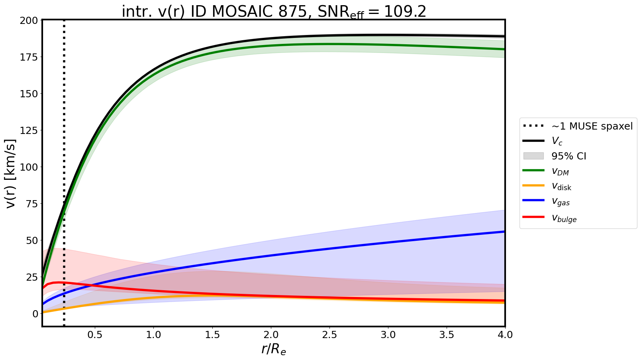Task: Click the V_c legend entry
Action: click(557, 141)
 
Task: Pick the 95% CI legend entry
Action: click(568, 156)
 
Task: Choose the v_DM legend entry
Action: click(560, 171)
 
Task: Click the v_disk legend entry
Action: click(561, 187)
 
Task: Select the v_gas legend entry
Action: click(561, 202)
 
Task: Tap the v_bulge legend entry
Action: click(564, 218)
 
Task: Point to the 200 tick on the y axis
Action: click(31, 20)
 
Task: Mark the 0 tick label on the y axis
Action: click(35, 314)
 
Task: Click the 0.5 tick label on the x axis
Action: click(95, 335)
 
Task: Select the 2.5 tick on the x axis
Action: click(329, 335)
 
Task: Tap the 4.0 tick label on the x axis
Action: click(505, 335)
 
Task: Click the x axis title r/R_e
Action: click(274, 349)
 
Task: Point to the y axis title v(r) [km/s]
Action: click(11, 173)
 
